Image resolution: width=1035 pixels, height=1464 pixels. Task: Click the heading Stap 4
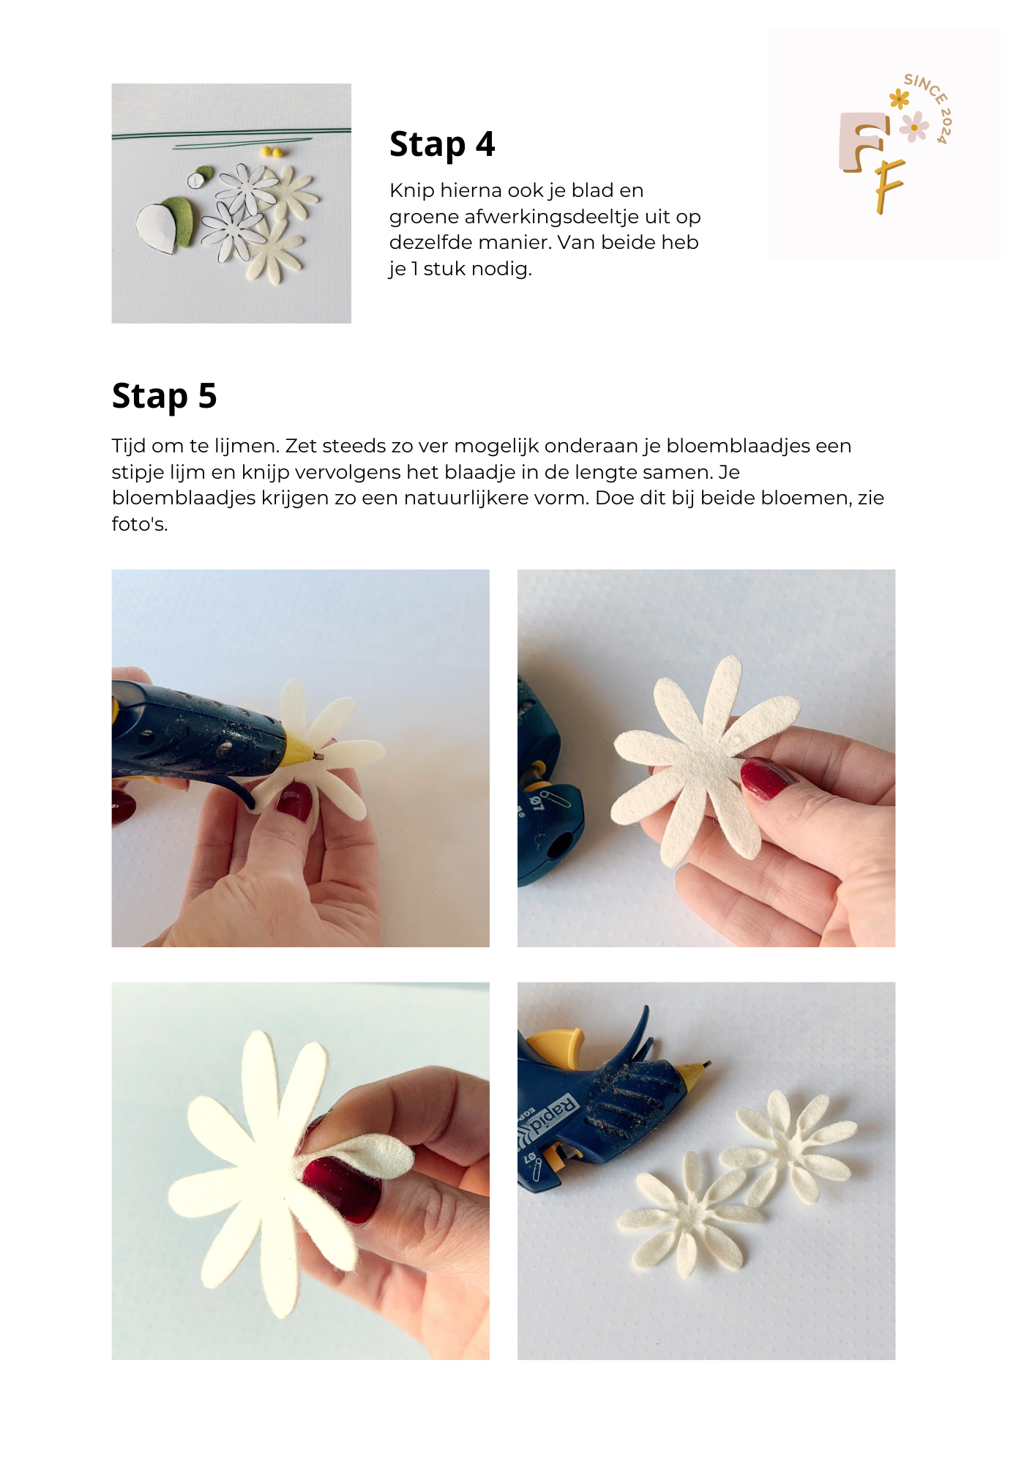point(442,144)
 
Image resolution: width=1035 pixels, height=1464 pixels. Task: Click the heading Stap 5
point(164,396)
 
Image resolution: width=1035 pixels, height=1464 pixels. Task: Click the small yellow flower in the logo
point(899,98)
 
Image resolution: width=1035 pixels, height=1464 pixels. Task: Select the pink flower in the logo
point(913,127)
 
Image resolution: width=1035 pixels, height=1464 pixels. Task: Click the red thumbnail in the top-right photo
point(765,778)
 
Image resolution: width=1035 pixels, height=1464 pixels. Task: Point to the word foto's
point(139,524)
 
